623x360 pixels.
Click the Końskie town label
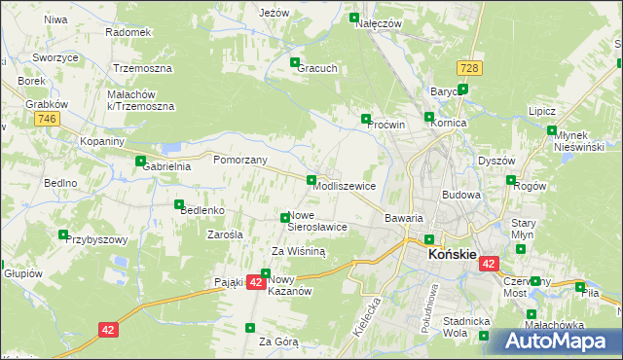pyautogui.click(x=453, y=255)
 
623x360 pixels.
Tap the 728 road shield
pyautogui.click(x=470, y=67)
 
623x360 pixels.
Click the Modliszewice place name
pyautogui.click(x=345, y=185)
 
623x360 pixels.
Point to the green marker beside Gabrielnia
pyautogui.click(x=140, y=162)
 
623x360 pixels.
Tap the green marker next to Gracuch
pyautogui.click(x=295, y=63)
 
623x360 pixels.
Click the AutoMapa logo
pyautogui.click(x=552, y=342)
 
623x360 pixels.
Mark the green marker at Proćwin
pyautogui.click(x=366, y=119)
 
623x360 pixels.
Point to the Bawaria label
pyautogui.click(x=404, y=218)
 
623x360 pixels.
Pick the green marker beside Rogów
pyautogui.click(x=511, y=180)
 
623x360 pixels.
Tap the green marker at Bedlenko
pyautogui.click(x=178, y=205)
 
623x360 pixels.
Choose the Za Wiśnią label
pyautogui.click(x=299, y=250)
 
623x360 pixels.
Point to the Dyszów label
pyautogui.click(x=495, y=161)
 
